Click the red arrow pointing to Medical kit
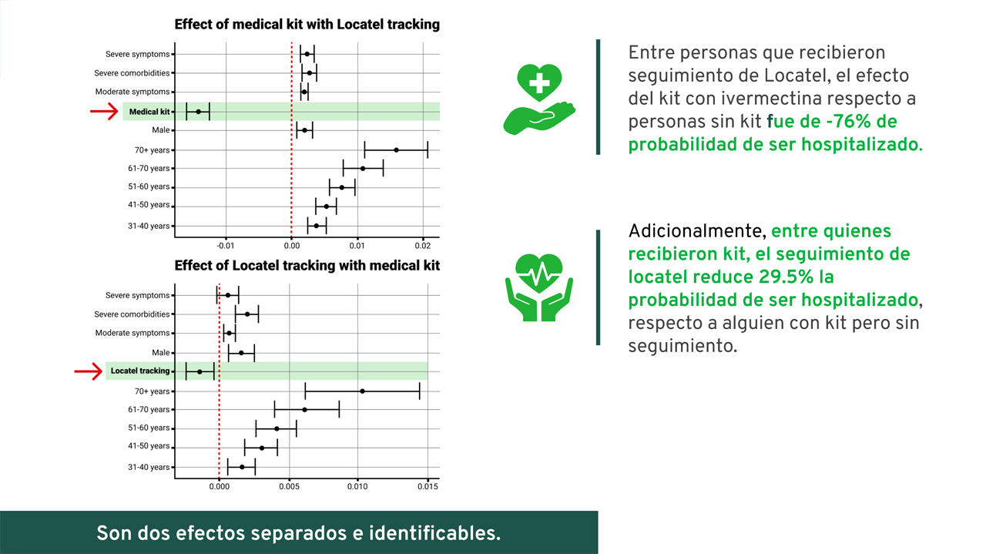[104, 112]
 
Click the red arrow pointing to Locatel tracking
[89, 371]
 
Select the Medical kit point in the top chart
[199, 112]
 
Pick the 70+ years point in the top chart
[396, 150]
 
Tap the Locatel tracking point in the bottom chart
[200, 371]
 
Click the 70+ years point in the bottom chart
[362, 391]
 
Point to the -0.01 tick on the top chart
[226, 246]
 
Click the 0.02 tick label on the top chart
[423, 246]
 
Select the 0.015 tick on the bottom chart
[428, 487]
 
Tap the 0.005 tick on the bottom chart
[289, 487]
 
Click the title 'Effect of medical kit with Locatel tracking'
[307, 24]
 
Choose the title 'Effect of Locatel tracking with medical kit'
[307, 266]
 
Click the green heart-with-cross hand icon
[539, 99]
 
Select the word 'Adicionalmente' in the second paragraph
[694, 231]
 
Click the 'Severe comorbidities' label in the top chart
[132, 73]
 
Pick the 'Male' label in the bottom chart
[161, 353]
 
